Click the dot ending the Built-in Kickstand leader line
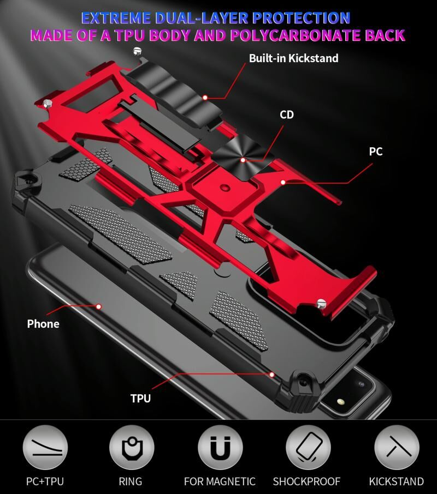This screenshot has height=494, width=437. (205, 98)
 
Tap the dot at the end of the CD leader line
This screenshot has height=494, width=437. (243, 160)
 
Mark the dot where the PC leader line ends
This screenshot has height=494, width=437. (283, 182)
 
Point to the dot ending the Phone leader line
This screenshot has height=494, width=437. (99, 306)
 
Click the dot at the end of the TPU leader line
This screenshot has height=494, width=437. (271, 375)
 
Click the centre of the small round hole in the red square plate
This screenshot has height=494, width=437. (225, 188)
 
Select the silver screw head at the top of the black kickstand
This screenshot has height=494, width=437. (137, 51)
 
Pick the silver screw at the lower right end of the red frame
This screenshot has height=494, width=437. (321, 303)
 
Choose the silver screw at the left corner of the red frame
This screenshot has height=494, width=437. (48, 103)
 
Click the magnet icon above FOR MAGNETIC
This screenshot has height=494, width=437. (220, 447)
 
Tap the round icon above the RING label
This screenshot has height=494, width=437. (132, 447)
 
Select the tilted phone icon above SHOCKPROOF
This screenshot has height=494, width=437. (308, 447)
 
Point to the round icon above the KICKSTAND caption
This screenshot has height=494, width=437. (397, 447)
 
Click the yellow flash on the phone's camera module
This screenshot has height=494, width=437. (340, 401)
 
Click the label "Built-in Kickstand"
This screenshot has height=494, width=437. (294, 58)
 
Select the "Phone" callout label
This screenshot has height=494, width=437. (43, 324)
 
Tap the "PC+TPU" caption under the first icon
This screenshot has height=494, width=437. (45, 481)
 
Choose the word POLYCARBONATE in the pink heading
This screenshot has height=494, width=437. (296, 35)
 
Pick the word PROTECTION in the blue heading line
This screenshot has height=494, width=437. (302, 19)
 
